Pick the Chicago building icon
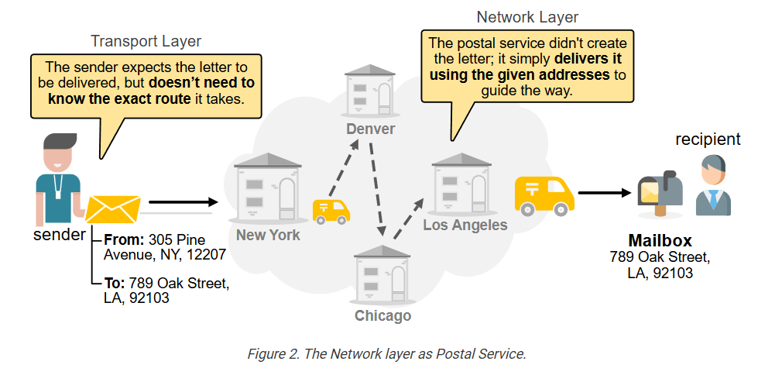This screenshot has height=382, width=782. click(382, 275)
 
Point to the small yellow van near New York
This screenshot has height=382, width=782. click(331, 210)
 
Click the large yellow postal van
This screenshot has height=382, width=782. click(544, 194)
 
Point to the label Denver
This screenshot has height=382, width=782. click(370, 129)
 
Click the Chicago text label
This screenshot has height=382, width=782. click(382, 315)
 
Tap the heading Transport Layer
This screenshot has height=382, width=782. click(146, 41)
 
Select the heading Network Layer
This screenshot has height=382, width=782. click(527, 17)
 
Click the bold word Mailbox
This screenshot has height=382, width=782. click(660, 240)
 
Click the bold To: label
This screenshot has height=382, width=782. click(115, 283)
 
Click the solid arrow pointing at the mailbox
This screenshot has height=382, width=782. click(605, 194)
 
